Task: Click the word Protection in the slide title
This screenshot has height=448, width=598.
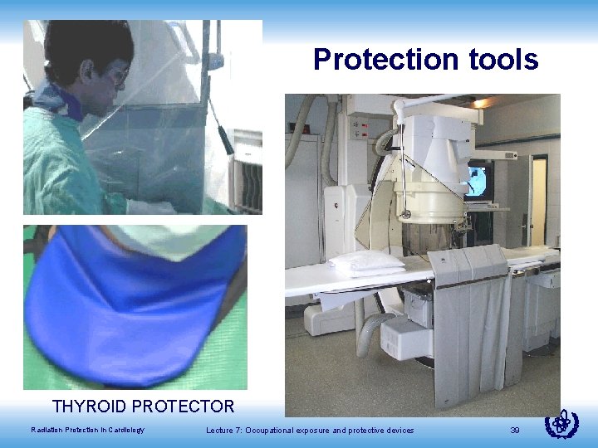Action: pyautogui.click(x=383, y=60)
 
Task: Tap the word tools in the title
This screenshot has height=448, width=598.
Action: pyautogui.click(x=501, y=60)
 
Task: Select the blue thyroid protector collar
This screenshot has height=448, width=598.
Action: pyautogui.click(x=133, y=307)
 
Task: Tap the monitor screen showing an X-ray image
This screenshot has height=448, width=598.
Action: pyautogui.click(x=479, y=180)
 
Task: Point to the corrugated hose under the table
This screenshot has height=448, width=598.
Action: pyautogui.click(x=370, y=332)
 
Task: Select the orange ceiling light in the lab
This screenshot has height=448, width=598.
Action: pyautogui.click(x=480, y=103)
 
